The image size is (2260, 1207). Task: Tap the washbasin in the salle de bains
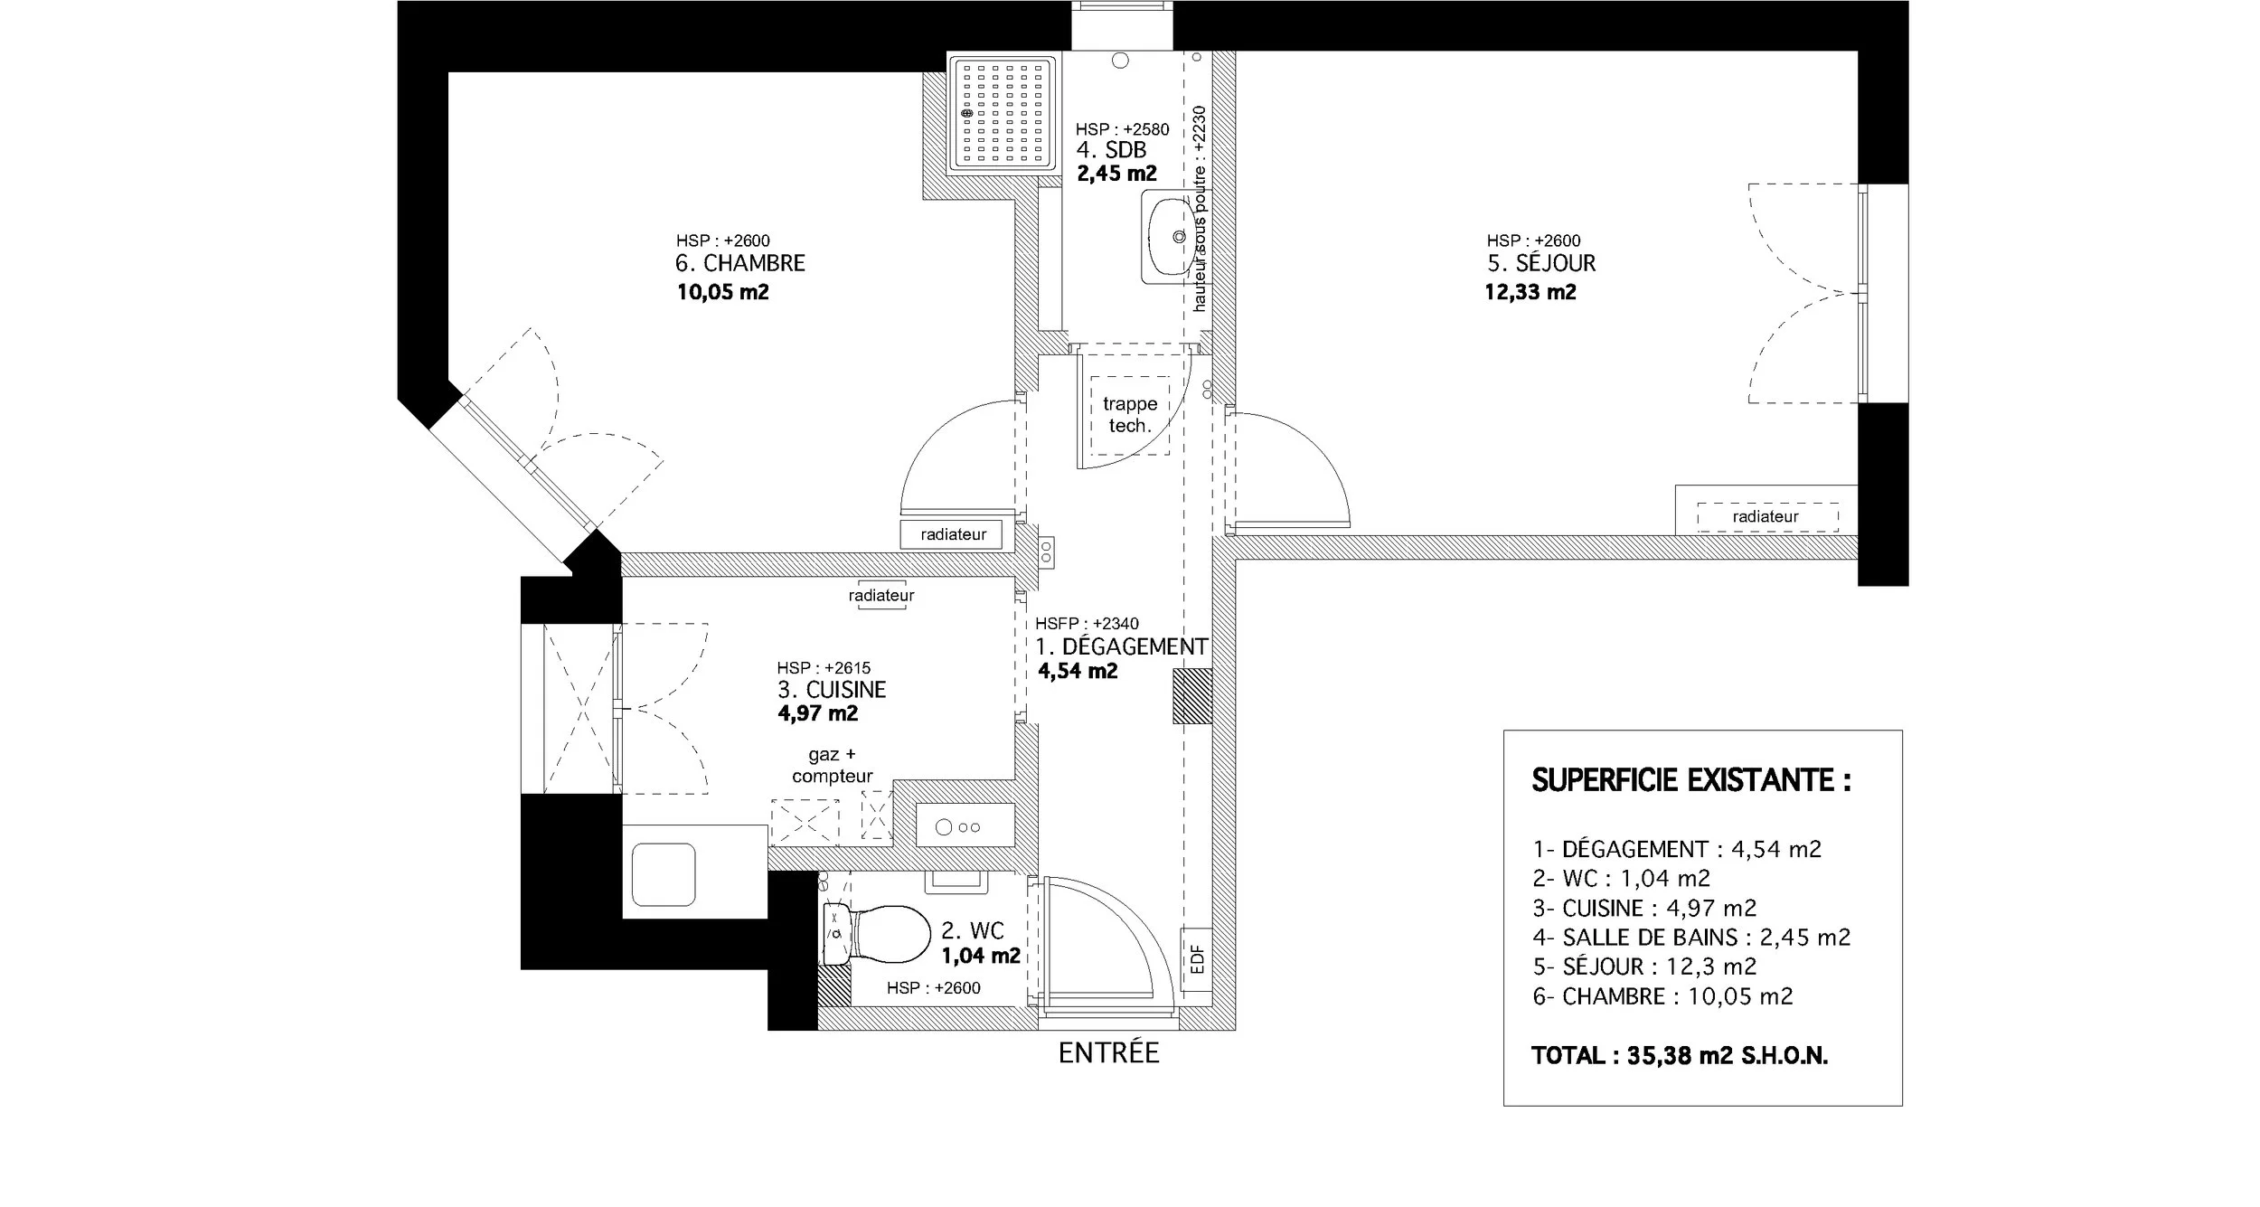[1168, 237]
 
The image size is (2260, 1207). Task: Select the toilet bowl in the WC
[890, 935]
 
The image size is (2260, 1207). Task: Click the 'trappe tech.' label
[1130, 415]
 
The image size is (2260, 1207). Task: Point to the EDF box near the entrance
[1197, 958]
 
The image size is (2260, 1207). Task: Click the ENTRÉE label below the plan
[1108, 1053]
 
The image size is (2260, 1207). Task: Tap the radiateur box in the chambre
[952, 534]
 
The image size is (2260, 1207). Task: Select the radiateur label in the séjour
[1766, 517]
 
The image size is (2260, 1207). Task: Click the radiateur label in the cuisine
[881, 596]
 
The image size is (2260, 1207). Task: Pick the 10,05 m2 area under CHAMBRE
[722, 292]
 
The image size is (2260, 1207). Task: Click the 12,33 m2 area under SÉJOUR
[1530, 292]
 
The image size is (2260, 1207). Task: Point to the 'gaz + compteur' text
[832, 765]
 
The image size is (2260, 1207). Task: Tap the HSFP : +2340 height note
[1087, 624]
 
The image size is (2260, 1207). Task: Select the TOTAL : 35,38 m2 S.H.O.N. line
[1680, 1056]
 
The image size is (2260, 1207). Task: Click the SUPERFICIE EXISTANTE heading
[1690, 780]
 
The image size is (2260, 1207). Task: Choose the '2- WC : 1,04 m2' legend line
[1621, 878]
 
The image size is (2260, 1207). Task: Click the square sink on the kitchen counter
[664, 874]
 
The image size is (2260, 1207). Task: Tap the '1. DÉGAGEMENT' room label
[1121, 647]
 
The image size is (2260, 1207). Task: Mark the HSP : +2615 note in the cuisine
[824, 668]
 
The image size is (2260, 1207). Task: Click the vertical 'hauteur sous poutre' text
[1200, 208]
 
